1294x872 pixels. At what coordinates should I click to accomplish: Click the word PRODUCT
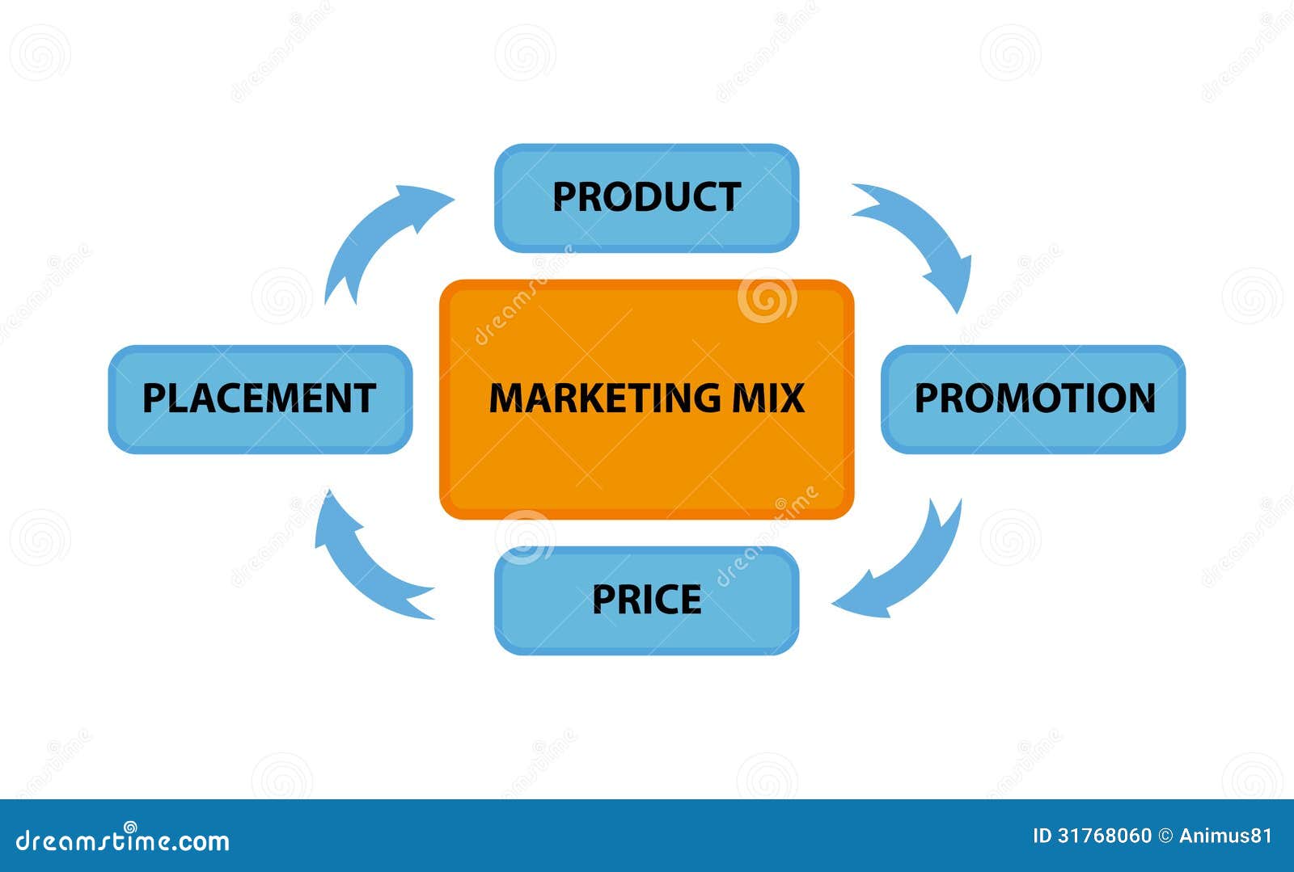pyautogui.click(x=646, y=197)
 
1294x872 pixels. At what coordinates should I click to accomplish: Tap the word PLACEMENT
pyautogui.click(x=260, y=398)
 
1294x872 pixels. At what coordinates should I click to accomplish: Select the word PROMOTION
pyautogui.click(x=1035, y=398)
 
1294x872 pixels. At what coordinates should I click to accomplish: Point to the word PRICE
pyautogui.click(x=646, y=599)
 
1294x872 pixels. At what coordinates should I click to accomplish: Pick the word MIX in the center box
pyautogui.click(x=768, y=398)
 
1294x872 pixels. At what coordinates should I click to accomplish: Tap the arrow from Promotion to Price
pyautogui.click(x=913, y=568)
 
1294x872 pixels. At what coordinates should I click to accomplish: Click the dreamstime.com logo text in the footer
pyautogui.click(x=122, y=840)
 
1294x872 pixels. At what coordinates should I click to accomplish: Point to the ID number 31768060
pyautogui.click(x=1104, y=836)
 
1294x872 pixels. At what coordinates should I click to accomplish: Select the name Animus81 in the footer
pyautogui.click(x=1225, y=836)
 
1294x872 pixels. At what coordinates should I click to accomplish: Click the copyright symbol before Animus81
pyautogui.click(x=1165, y=836)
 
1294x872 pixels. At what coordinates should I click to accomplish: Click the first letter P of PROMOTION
pyautogui.click(x=927, y=398)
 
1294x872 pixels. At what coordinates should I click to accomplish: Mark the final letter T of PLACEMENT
pyautogui.click(x=363, y=398)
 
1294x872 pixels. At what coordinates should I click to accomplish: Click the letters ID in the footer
pyautogui.click(x=1042, y=836)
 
